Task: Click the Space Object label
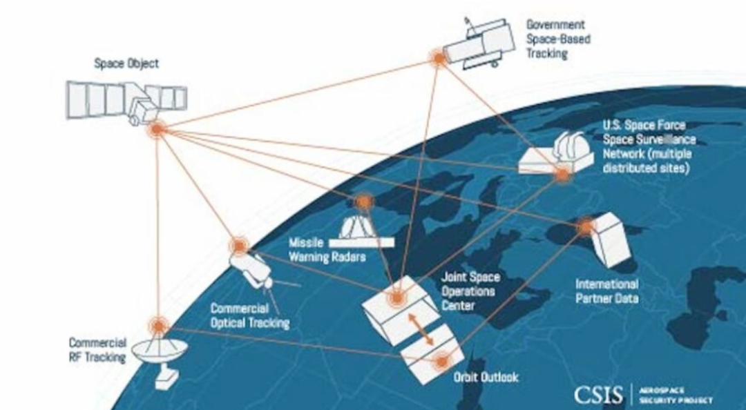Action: [x=126, y=64]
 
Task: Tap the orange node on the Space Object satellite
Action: [x=157, y=128]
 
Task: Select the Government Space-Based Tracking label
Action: [x=558, y=39]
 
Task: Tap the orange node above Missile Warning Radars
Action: [x=363, y=202]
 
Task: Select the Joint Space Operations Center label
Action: [x=470, y=291]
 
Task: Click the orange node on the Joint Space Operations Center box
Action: [x=396, y=299]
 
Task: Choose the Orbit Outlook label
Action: [x=486, y=378]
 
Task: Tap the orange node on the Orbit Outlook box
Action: [x=440, y=360]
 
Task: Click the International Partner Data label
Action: [x=607, y=291]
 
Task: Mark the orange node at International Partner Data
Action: [x=586, y=226]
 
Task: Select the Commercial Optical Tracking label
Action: [x=249, y=316]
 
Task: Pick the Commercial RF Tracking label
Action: [x=97, y=350]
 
